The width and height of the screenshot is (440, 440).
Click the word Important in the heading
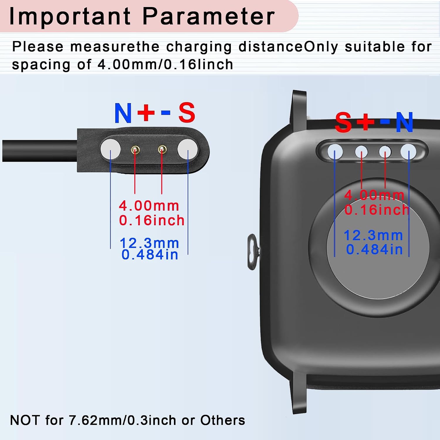[70, 16]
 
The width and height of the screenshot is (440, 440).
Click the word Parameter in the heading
[209, 16]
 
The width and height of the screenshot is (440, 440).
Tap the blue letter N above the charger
[123, 113]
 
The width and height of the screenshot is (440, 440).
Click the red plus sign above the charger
[146, 112]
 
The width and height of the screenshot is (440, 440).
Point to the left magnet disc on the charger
[110, 149]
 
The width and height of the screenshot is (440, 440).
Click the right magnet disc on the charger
[188, 149]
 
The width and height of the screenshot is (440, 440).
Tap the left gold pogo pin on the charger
[135, 150]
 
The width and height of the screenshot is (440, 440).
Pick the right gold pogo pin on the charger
[162, 150]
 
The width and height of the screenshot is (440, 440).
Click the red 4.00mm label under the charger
[149, 206]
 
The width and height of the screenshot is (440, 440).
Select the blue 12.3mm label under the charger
[150, 243]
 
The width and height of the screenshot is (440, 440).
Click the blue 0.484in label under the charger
[150, 254]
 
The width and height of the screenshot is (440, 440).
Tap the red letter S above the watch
[343, 122]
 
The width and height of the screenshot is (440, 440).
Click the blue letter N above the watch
[405, 122]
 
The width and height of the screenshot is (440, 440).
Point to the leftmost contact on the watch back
[335, 152]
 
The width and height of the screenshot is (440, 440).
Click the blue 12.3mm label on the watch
[373, 235]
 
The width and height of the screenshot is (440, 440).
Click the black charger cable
[40, 151]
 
